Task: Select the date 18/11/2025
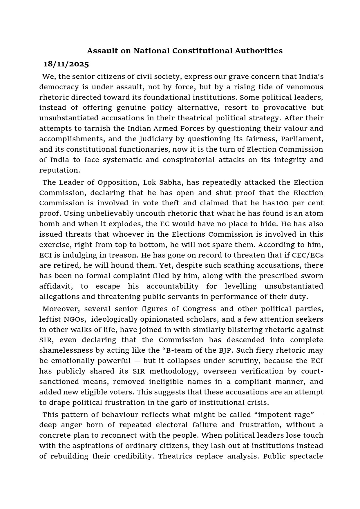66,64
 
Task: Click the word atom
314,213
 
